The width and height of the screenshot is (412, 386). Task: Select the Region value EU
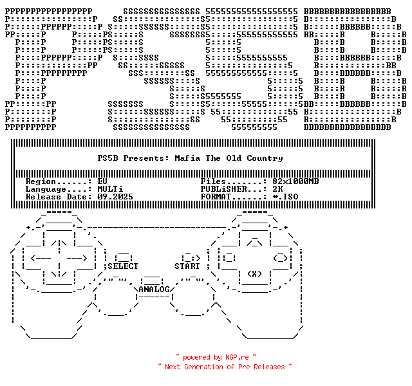click(x=102, y=181)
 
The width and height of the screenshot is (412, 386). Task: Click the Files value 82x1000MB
click(x=295, y=181)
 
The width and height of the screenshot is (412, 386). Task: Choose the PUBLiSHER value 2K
click(x=277, y=189)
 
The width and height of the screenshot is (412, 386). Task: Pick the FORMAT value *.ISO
click(x=285, y=197)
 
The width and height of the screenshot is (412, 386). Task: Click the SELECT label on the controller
click(x=122, y=266)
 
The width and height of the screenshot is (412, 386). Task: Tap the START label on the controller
click(x=187, y=266)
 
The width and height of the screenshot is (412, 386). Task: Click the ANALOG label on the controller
click(x=154, y=289)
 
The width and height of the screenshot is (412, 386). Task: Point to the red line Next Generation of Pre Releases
click(x=225, y=366)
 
